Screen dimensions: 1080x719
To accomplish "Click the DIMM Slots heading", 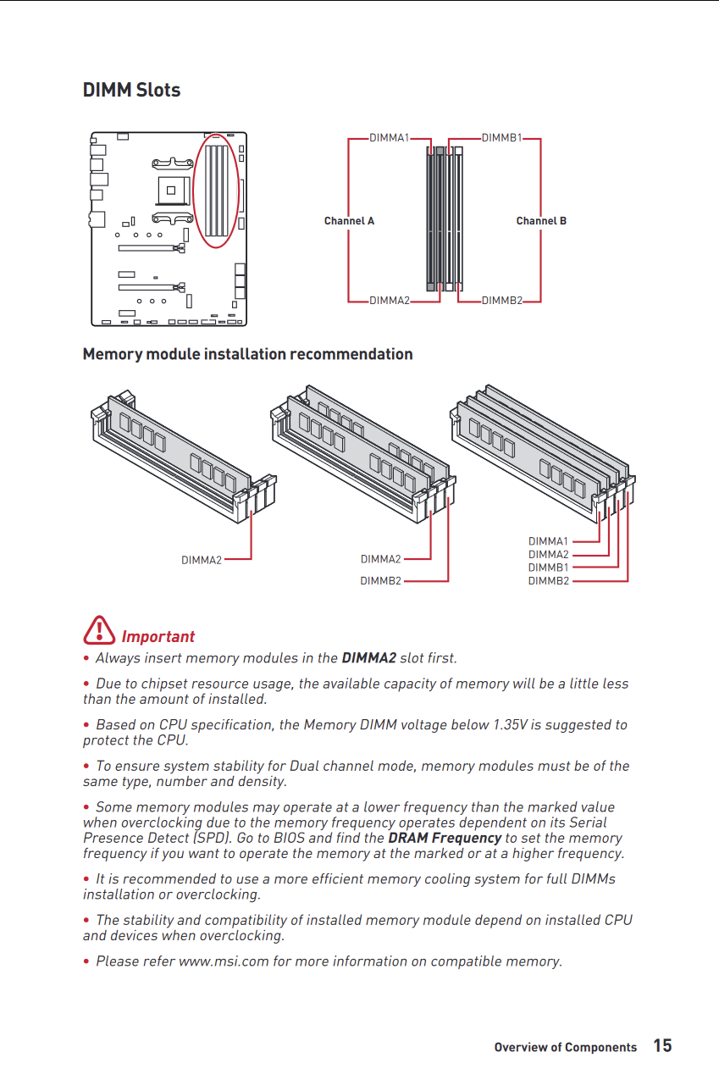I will (x=131, y=90).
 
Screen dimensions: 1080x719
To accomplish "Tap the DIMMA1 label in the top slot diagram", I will (x=389, y=137).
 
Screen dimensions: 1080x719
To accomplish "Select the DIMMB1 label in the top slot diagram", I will (x=501, y=137).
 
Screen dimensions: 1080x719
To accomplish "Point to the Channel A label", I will (x=349, y=221).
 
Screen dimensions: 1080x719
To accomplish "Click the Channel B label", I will (x=541, y=221).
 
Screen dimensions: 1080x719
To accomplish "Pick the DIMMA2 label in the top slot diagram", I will (x=389, y=301).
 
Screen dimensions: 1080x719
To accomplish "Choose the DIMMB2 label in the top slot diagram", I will (x=501, y=301).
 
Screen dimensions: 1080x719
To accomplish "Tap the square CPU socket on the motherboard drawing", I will (x=175, y=189).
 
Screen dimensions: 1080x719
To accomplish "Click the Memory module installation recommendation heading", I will (x=247, y=354).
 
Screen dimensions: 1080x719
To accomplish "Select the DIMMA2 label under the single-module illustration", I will (x=202, y=560).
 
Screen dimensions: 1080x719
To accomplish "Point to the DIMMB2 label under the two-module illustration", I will (x=380, y=581).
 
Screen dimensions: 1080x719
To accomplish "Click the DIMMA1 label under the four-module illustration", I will (x=548, y=541).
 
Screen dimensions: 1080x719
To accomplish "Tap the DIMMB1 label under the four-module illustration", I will (x=548, y=568).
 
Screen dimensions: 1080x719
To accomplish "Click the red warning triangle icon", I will (x=99, y=630).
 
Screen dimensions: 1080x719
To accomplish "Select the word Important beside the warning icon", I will (x=158, y=637).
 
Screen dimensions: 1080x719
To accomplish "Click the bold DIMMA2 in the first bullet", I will (x=368, y=658).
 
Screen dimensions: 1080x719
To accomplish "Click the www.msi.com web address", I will (x=223, y=961).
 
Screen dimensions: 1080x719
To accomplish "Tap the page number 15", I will (x=662, y=1045).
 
